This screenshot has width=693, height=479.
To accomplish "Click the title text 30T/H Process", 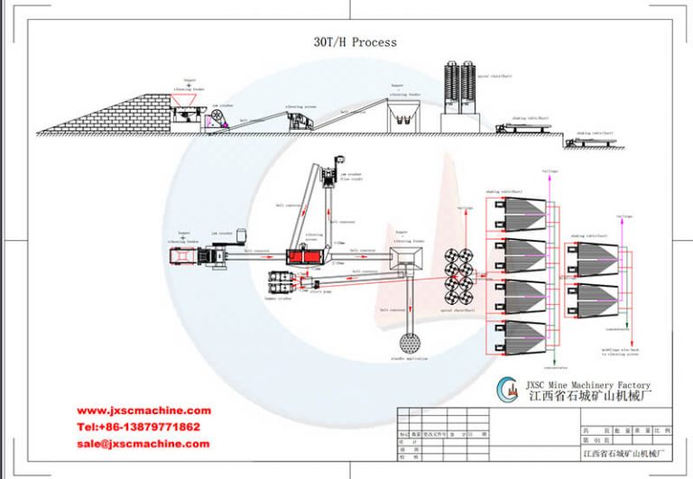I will click(x=355, y=42).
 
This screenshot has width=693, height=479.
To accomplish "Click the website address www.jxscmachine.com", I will click(x=143, y=410).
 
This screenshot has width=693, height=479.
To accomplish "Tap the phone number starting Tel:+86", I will click(x=138, y=427).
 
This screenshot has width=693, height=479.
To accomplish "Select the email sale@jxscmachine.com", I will click(x=143, y=444).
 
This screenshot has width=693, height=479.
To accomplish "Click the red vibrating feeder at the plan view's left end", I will click(x=186, y=258).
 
